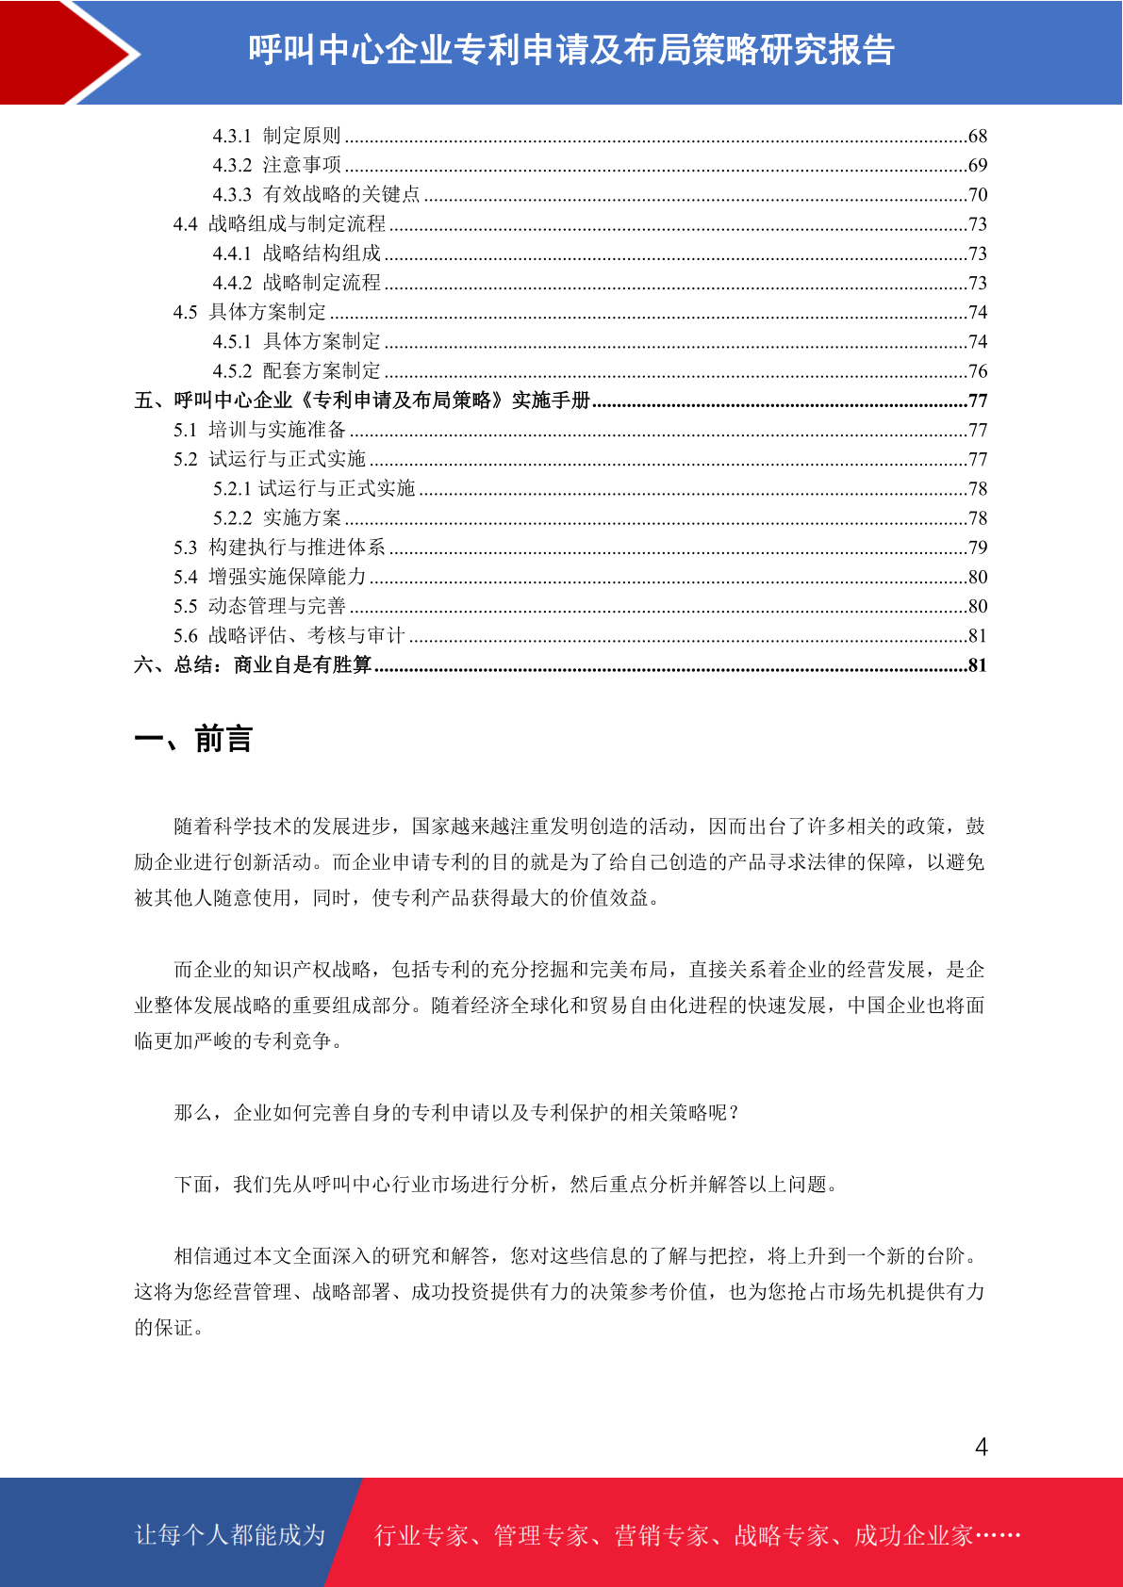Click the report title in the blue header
571,50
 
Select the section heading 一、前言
193,739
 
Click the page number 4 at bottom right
981,1447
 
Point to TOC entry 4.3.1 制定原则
276,136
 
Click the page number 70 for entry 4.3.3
978,195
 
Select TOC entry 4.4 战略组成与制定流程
279,224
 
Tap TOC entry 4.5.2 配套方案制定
296,371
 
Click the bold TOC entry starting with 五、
362,401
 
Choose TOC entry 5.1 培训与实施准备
259,430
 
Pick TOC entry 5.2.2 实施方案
276,518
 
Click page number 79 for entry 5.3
978,548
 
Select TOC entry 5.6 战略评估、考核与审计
289,636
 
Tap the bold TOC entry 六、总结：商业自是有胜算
253,665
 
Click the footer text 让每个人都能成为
230,1535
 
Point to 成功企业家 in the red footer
913,1536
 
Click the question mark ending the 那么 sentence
735,1113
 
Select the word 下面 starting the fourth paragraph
193,1185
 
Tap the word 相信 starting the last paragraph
193,1256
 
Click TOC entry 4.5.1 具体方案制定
296,342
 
